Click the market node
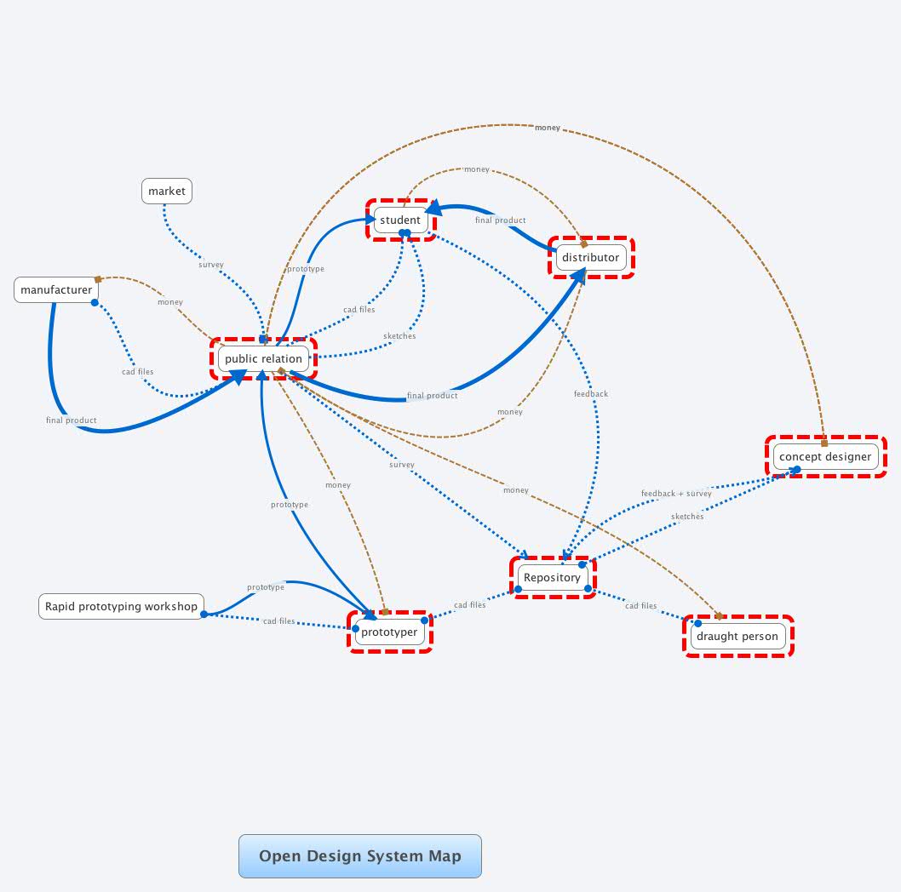click(167, 192)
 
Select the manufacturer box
click(56, 290)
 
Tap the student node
click(400, 220)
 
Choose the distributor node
click(590, 258)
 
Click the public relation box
click(263, 359)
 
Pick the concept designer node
click(825, 457)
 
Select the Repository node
click(552, 578)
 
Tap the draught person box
click(737, 637)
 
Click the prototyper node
click(389, 632)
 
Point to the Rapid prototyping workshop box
click(121, 607)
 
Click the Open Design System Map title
click(359, 856)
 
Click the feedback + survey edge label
click(676, 494)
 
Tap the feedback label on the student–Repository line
click(591, 394)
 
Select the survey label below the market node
click(211, 265)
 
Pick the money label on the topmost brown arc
click(548, 128)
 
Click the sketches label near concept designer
click(687, 517)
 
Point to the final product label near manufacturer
click(72, 420)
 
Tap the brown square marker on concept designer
click(824, 443)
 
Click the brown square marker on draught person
click(719, 615)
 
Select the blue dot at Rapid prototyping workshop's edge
click(204, 614)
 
